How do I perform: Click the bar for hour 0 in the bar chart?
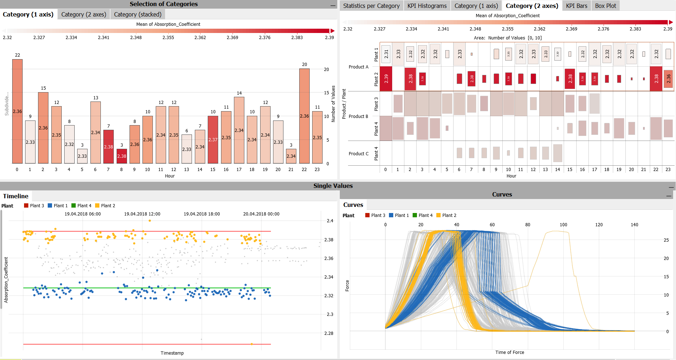pos(17,111)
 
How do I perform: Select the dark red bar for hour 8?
pos(122,156)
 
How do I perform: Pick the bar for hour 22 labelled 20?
pos(304,116)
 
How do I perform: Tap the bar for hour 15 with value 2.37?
pos(213,139)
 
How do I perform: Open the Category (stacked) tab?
pos(137,14)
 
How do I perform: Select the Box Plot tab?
pos(605,6)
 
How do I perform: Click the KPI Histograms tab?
pos(427,6)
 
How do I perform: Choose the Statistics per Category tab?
pos(371,6)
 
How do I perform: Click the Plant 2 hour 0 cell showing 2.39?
pos(386,79)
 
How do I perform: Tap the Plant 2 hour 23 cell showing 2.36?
pos(668,79)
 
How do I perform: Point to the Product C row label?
pos(358,153)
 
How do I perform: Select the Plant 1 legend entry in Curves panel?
pos(399,215)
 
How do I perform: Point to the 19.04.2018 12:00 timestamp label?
pos(142,214)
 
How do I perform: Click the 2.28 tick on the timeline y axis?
pos(329,333)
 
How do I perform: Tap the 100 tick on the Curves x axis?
pos(563,224)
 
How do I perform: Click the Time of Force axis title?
pos(510,352)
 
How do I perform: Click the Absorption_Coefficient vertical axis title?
pos(6,280)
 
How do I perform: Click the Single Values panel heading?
pos(333,186)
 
